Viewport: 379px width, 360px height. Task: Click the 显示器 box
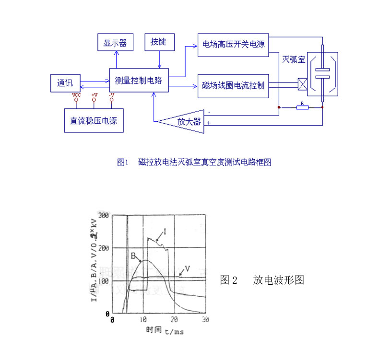tap(115, 43)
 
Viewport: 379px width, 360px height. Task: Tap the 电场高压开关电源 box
tap(233, 45)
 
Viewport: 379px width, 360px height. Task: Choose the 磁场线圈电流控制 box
tap(233, 86)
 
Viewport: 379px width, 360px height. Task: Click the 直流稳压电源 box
tap(94, 120)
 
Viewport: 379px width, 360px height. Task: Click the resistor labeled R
tap(302, 107)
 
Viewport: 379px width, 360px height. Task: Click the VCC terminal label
tap(76, 95)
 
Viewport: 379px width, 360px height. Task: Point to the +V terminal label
tap(95, 95)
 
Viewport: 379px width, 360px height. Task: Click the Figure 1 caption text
tap(194, 162)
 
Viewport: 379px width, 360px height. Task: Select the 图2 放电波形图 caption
tap(262, 280)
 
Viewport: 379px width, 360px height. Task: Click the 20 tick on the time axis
tap(175, 319)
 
